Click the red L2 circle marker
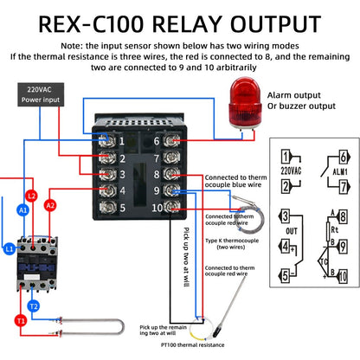click(x=33, y=196)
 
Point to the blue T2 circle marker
click(x=33, y=306)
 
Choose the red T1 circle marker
click(x=19, y=321)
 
